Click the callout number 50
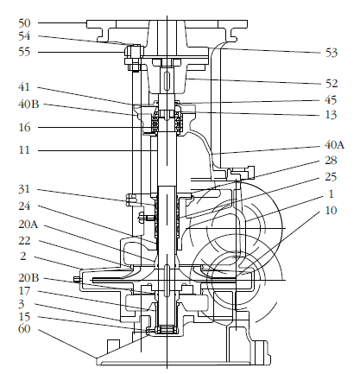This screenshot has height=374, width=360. coord(24,23)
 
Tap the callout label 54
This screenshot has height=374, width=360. coord(24,36)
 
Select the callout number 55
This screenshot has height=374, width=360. coord(24,52)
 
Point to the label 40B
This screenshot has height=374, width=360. coord(28,104)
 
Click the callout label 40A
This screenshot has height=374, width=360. coord(334,144)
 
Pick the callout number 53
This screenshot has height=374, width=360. coord(332,53)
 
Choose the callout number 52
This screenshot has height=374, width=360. coord(332,84)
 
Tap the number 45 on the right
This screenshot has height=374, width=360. coord(331,100)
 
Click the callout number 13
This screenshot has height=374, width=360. coord(331,115)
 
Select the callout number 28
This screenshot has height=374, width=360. coord(331,161)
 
